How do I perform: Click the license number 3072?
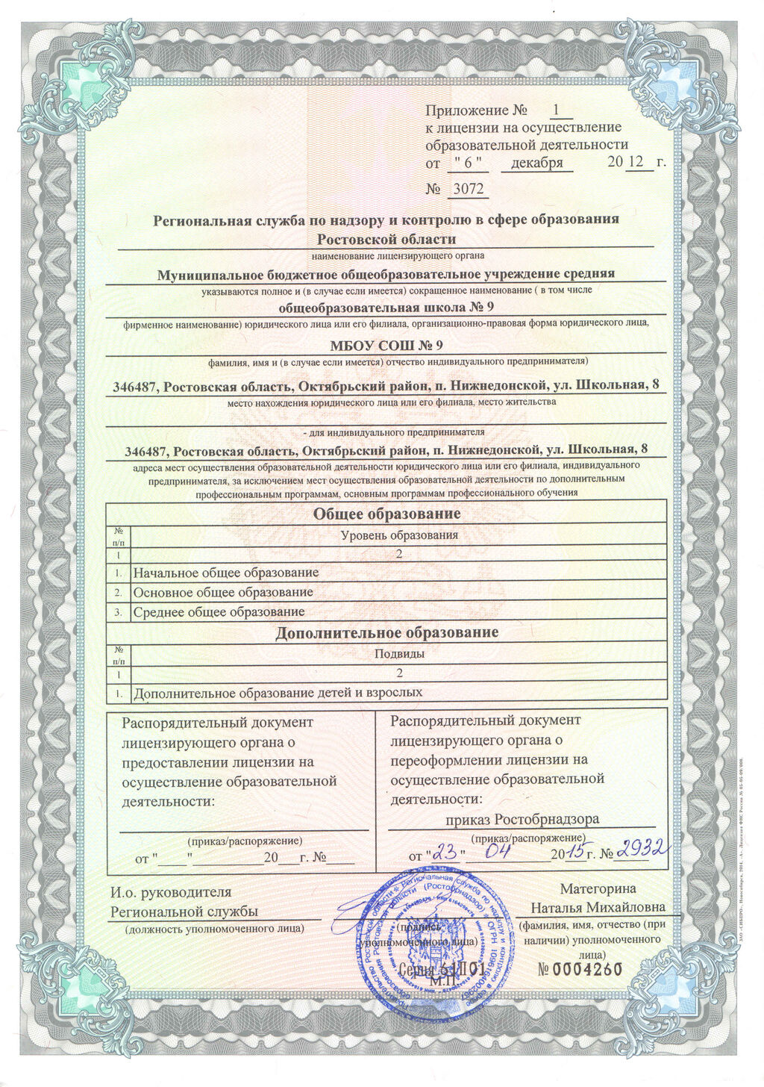pos(468,189)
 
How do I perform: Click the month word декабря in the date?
pos(536,162)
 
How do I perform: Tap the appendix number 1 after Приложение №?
pos(556,110)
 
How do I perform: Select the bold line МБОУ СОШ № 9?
pos(386,345)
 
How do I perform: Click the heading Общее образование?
pos(386,514)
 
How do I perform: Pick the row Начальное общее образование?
pos(225,573)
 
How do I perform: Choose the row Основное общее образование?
pos(223,592)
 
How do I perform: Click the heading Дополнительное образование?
pos(386,633)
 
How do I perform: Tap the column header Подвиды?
pos(399,654)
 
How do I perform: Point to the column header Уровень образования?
pos(399,535)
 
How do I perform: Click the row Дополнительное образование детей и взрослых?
pos(278,693)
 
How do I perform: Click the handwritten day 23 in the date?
pos(448,852)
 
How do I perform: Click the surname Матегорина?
pos(598,888)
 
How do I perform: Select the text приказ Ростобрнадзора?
pos(522,819)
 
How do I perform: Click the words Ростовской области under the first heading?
pos(386,239)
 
